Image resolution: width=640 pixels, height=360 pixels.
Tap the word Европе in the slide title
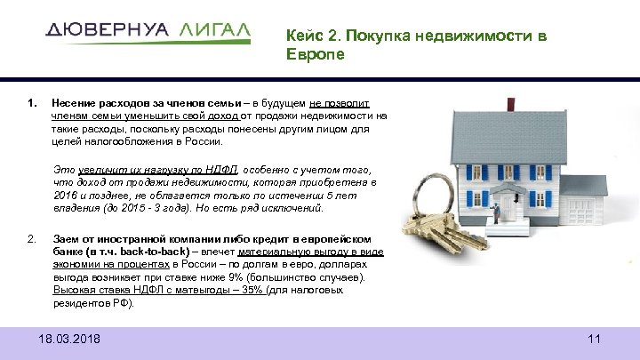point(311,54)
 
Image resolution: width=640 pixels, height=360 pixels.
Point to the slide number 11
point(595,340)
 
